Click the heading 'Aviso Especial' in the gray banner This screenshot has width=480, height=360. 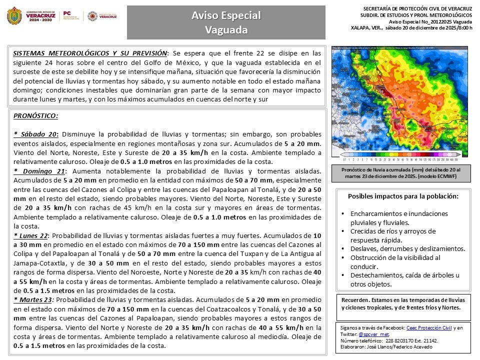(226, 16)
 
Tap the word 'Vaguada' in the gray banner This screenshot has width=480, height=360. (226, 30)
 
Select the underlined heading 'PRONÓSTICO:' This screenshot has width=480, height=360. (35, 116)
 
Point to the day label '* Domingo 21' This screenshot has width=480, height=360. (39, 171)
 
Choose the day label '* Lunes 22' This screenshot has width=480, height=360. (31, 235)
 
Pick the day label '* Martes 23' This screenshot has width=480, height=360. (33, 300)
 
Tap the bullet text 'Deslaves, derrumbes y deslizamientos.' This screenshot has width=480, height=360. (407, 248)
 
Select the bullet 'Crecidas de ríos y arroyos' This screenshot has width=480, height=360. (393, 231)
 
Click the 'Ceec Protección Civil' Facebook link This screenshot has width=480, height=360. (428, 328)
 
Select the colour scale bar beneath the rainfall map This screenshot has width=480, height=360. (400, 159)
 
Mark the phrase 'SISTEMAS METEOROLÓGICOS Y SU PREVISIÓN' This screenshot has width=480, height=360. (90, 52)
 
